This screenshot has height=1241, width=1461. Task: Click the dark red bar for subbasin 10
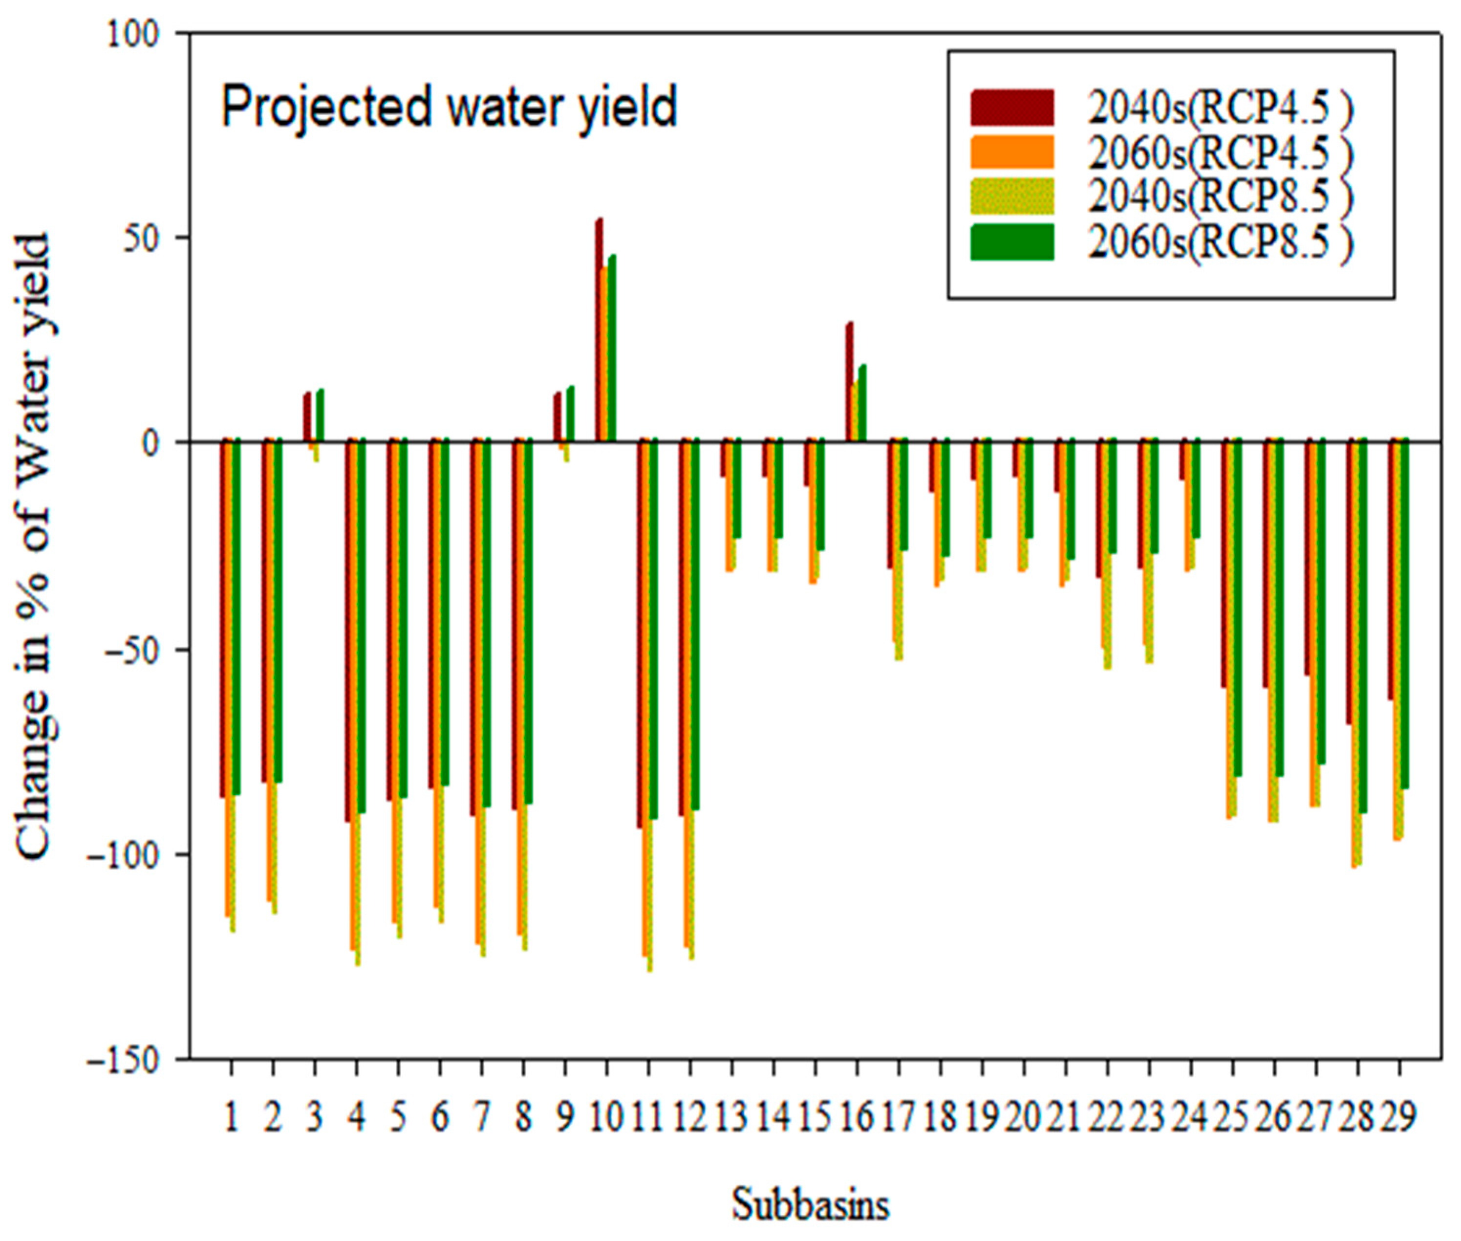(x=599, y=330)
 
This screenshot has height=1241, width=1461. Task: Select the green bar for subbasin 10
(x=612, y=348)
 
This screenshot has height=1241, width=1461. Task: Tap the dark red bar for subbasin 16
(x=850, y=382)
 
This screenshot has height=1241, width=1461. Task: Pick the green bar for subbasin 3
(x=320, y=415)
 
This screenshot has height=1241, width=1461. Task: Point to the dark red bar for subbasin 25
(x=1225, y=563)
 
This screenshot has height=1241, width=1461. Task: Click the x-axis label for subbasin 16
(x=857, y=1118)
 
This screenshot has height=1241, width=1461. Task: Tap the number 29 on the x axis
(x=1398, y=1118)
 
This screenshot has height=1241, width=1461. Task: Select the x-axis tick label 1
(x=230, y=1118)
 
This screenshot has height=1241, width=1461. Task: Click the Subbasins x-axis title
(x=810, y=1204)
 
